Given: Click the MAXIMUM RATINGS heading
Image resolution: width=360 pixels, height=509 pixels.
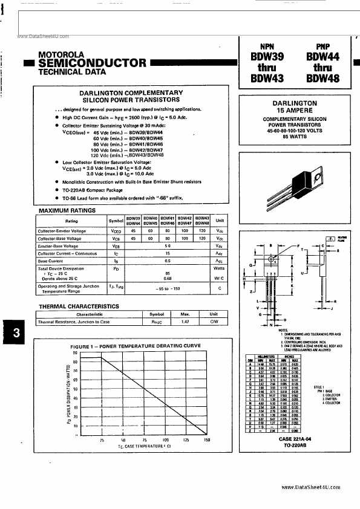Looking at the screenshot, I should [67, 210].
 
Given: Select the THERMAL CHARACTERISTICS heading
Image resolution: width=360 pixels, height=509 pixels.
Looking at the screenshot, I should [79, 306].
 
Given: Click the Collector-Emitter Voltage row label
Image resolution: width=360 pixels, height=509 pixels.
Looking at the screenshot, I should [63, 231].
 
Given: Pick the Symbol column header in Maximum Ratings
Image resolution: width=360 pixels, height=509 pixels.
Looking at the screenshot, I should [116, 221].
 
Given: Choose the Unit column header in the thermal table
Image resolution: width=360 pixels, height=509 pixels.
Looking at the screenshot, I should [214, 314].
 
